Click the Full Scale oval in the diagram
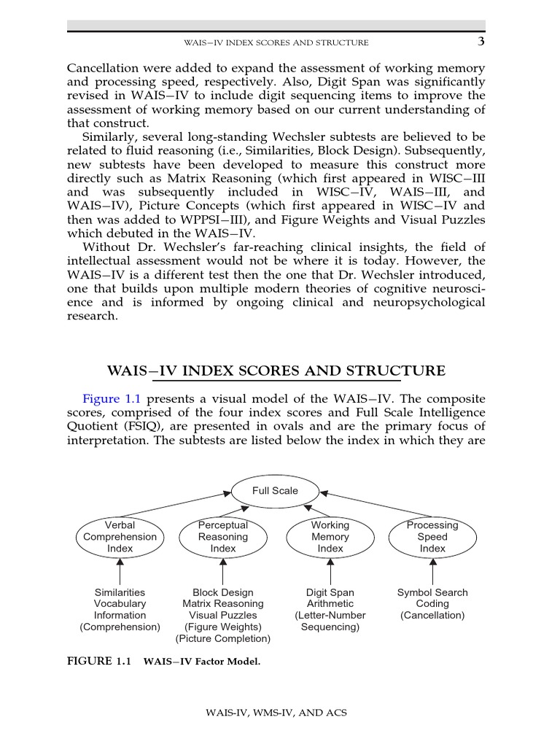tap(275, 491)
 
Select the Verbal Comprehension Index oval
tap(120, 537)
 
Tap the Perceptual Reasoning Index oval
tap(223, 537)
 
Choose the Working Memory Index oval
tap(330, 537)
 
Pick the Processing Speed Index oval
tap(432, 537)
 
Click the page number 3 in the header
tap(481, 42)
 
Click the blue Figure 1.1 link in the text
tap(112, 398)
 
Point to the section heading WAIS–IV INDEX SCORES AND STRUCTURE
tap(276, 371)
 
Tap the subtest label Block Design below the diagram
tap(223, 592)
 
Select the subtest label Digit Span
tap(330, 592)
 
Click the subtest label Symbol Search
tap(432, 592)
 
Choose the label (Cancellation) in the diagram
tap(432, 615)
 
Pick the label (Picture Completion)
tap(223, 638)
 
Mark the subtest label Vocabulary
tap(120, 603)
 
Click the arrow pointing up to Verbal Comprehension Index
tap(120, 570)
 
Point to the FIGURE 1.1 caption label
tap(98, 662)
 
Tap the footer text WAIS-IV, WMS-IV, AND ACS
tap(276, 712)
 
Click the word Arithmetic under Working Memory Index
tap(330, 603)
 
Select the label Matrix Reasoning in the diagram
tap(223, 603)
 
